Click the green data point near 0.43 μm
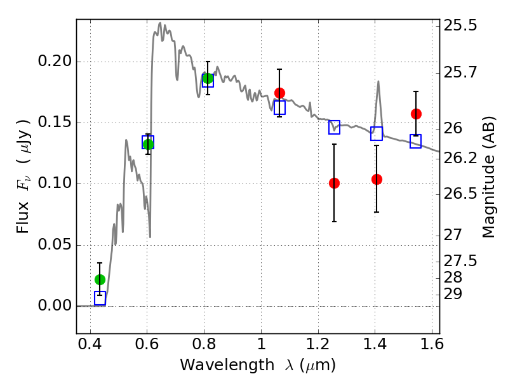100,279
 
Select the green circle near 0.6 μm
148,144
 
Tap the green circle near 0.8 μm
208,78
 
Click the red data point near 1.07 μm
279,93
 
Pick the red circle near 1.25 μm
334,184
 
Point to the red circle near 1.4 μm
377,179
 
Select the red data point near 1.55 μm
416,114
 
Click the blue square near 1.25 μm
335,128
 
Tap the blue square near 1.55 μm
416,141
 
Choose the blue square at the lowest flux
100,298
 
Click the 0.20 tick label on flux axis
55,61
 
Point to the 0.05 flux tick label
55,244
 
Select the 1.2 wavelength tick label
318,344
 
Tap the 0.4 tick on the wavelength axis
90,344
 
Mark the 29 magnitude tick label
453,294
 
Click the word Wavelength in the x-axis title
227,365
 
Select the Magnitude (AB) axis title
488,177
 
